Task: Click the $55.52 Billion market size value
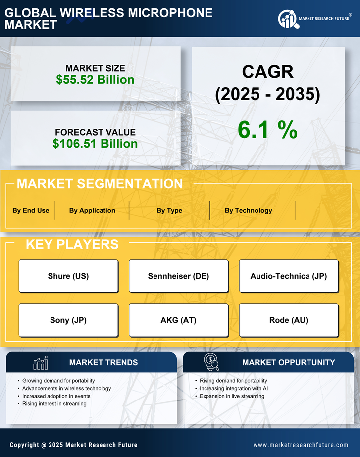[95, 80]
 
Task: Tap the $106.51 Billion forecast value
[95, 144]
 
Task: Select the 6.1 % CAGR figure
[267, 130]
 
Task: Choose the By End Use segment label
[31, 210]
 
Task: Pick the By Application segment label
[92, 210]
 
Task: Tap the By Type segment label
[169, 210]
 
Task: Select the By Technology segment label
[248, 210]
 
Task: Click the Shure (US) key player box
[68, 276]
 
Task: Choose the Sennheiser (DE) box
[178, 276]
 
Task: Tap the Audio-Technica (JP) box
[289, 276]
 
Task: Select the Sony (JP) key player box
[68, 320]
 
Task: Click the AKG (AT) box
[178, 320]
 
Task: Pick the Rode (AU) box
[289, 320]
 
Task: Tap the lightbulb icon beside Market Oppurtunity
[211, 362]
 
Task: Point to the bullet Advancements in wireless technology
[66, 388]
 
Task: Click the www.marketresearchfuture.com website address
[301, 445]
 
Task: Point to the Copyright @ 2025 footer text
[73, 445]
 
